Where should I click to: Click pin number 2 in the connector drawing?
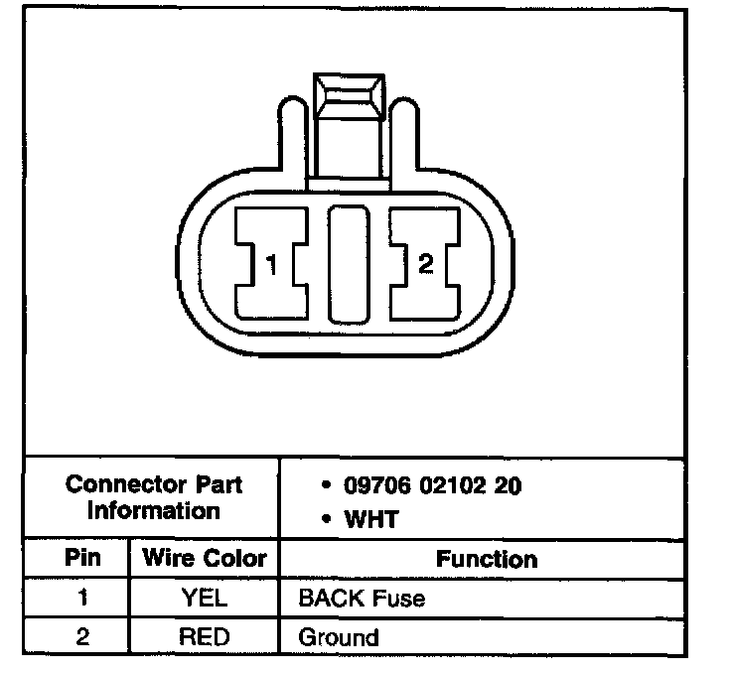click(x=426, y=264)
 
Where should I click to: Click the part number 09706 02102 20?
click(x=433, y=486)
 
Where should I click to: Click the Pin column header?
click(x=82, y=558)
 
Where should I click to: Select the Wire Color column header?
click(x=204, y=558)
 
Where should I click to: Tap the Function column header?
click(x=487, y=560)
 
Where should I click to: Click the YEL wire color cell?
click(x=204, y=599)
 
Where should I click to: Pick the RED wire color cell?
click(x=204, y=636)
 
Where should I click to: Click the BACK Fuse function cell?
click(x=363, y=599)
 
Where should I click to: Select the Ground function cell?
click(x=339, y=637)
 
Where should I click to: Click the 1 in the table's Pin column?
click(x=82, y=599)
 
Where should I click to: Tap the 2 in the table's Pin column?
click(x=82, y=636)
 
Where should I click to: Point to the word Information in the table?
click(x=154, y=511)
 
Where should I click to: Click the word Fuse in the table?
click(x=402, y=599)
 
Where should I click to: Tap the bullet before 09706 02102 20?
click(x=327, y=486)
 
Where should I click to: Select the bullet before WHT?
click(x=327, y=520)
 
